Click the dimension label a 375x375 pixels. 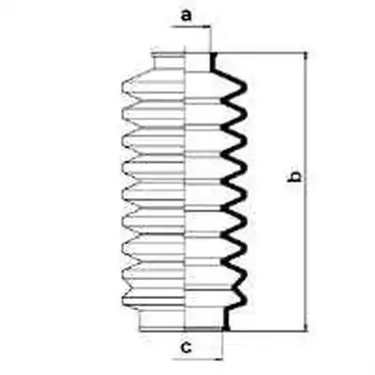(x=187, y=15)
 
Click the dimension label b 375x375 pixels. (x=294, y=177)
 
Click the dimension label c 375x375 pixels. (x=187, y=347)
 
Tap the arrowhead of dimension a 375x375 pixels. (x=207, y=27)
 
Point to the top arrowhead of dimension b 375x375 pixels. (x=305, y=57)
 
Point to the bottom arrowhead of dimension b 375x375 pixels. (x=305, y=327)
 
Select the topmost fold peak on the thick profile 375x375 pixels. (x=244, y=88)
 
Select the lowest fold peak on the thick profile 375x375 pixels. (x=244, y=298)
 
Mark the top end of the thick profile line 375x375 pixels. (x=212, y=54)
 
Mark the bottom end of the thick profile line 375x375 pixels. (x=226, y=330)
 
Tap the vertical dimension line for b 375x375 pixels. (x=305, y=191)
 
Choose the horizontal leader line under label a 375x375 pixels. (x=190, y=27)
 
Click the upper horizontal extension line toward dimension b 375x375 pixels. (x=260, y=53)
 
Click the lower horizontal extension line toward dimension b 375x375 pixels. (x=268, y=331)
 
